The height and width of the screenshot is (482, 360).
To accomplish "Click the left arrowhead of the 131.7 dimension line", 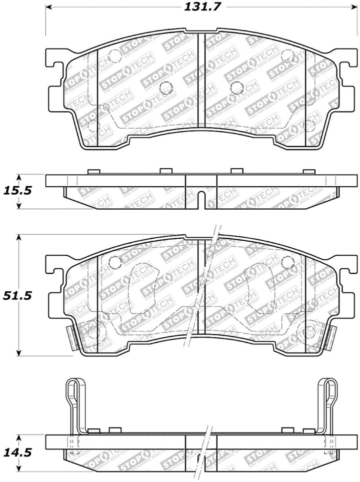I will (x=49, y=8).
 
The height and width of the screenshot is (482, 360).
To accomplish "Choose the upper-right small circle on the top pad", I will (x=287, y=56).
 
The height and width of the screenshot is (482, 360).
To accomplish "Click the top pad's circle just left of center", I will (x=164, y=88).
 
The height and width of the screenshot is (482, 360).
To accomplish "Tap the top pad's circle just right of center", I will (x=235, y=88).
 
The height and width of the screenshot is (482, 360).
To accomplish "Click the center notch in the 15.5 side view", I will (x=200, y=199).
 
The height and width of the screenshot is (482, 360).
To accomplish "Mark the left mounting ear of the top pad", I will (x=56, y=75).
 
